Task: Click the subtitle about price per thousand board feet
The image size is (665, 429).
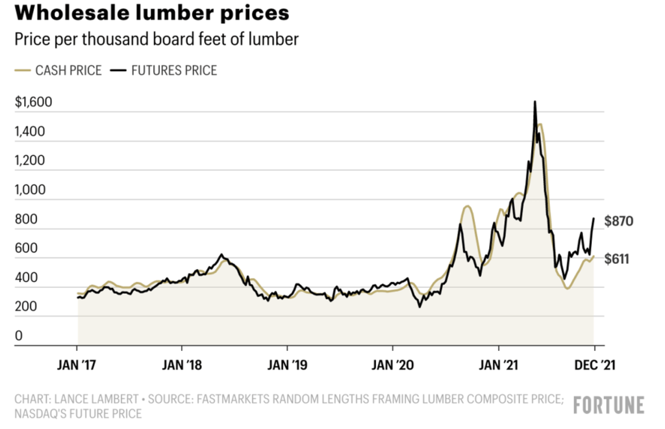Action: tap(156, 40)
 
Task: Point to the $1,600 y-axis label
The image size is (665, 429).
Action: tap(33, 103)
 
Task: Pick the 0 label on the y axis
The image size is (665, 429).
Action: tap(19, 336)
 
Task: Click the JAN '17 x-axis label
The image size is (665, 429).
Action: tap(77, 365)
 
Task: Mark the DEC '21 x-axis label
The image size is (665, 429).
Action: tap(593, 365)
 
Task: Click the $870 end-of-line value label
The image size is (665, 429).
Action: tap(618, 222)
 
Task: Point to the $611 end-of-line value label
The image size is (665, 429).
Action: tap(618, 259)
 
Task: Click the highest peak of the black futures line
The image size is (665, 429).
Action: tap(534, 102)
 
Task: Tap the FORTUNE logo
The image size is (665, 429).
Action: tap(609, 405)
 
